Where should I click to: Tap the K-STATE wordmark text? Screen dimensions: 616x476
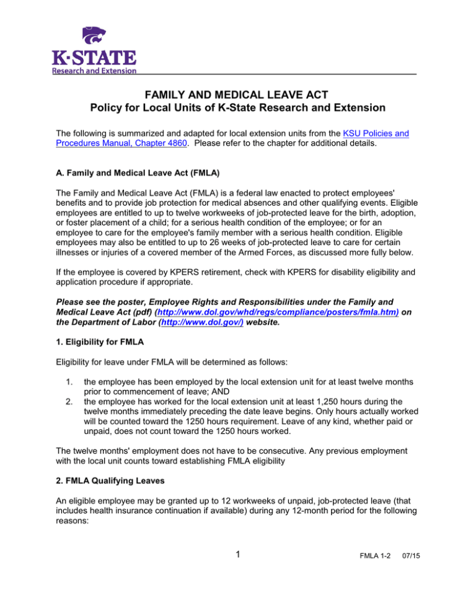94,59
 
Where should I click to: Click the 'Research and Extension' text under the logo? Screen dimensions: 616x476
93,71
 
